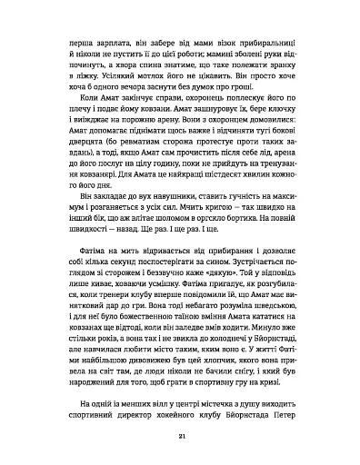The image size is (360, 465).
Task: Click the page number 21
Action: tap(180, 437)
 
